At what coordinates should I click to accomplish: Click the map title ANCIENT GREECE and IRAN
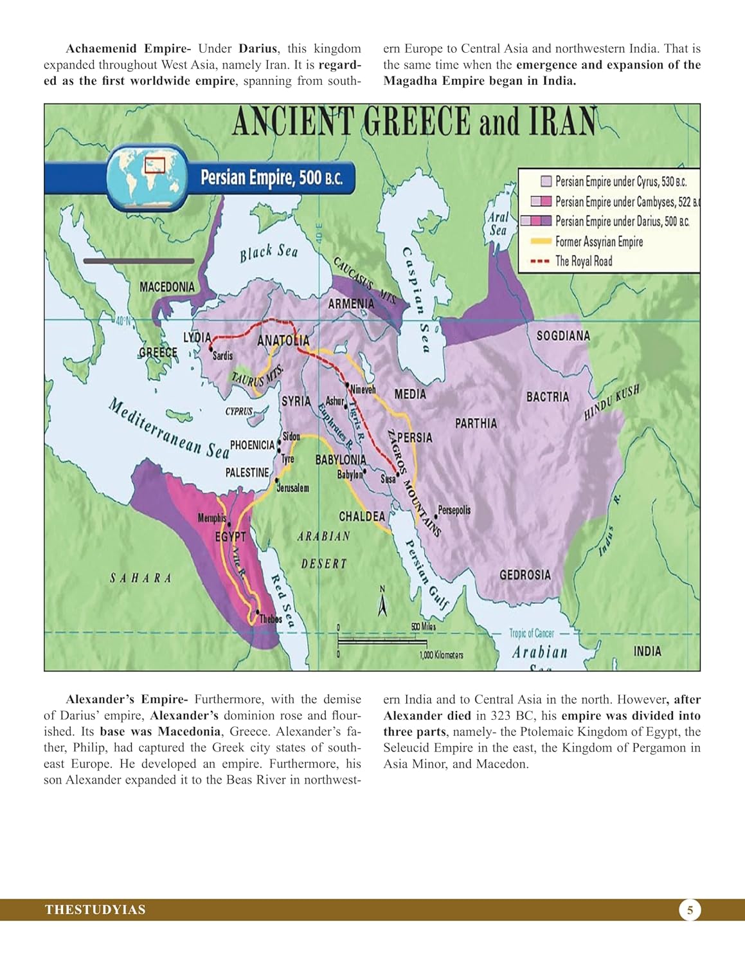coord(414,122)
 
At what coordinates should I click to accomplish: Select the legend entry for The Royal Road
coord(583,261)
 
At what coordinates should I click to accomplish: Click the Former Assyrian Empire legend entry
coord(598,242)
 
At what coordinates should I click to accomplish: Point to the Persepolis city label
coord(454,510)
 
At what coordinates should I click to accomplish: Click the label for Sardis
coord(222,356)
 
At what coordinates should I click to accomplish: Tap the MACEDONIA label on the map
coord(166,287)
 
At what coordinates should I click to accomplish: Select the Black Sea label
coord(269,253)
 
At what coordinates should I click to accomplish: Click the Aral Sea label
coord(498,224)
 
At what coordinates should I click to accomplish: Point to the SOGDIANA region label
coord(563,336)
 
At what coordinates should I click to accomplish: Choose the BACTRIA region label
coord(548,397)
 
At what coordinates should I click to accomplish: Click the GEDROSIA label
coord(525,574)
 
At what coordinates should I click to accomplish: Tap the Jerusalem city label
coord(292,488)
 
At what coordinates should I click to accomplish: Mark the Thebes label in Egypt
coord(270,619)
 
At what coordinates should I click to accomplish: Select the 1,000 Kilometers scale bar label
coord(441,655)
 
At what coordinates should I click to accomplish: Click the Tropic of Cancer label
coord(531,633)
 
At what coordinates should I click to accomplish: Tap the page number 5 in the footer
coord(690,910)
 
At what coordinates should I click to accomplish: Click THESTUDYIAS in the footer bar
coord(95,910)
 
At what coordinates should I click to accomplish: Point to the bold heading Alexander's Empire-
coord(127,699)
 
